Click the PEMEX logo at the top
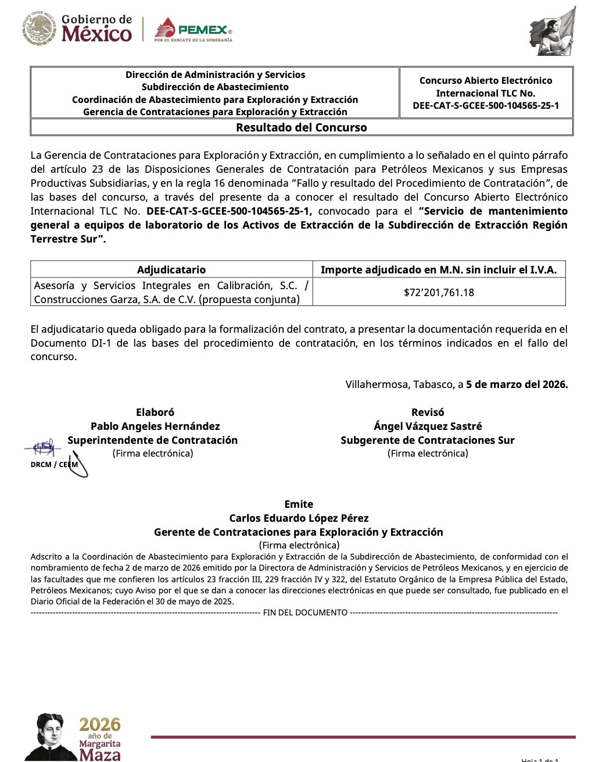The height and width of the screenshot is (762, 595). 193,30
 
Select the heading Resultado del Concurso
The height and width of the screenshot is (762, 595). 301,127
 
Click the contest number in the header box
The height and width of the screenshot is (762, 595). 486,105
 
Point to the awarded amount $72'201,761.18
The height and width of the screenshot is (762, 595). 439,292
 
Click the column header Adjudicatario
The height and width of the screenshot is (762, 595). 171,269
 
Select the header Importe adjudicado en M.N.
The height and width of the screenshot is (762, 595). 439,269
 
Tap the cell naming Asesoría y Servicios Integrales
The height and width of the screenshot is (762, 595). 171,292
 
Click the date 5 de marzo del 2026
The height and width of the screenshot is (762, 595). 517,384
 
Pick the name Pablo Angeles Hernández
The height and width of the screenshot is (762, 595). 155,426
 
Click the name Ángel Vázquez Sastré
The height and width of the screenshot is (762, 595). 428,426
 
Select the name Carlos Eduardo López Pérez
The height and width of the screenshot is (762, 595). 299,518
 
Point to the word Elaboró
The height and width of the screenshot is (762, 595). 155,412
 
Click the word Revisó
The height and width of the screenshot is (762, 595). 428,412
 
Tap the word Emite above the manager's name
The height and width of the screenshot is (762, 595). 299,504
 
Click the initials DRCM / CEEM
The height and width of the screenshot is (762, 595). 54,465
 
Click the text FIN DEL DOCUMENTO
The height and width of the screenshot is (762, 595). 305,613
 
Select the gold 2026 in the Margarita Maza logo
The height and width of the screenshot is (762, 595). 100,725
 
